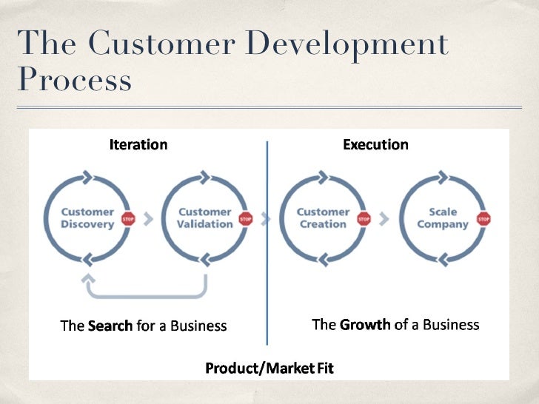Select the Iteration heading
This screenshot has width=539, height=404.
(138, 144)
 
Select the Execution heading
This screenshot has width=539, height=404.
(375, 144)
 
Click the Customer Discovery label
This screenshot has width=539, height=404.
(87, 218)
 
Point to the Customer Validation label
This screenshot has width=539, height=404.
(204, 218)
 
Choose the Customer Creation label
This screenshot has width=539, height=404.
(323, 218)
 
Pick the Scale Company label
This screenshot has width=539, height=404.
(443, 218)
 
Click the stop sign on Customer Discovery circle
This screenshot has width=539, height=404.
(128, 219)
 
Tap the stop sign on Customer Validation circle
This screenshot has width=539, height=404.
(246, 219)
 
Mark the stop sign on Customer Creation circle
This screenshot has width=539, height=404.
(364, 219)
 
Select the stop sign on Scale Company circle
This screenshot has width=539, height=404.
(484, 219)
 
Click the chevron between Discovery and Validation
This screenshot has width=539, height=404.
(147, 219)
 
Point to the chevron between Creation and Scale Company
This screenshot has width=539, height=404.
(384, 219)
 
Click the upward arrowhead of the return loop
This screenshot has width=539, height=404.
(88, 280)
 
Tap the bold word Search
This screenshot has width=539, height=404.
(110, 326)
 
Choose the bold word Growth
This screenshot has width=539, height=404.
(364, 325)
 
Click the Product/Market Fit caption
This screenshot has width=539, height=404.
(269, 368)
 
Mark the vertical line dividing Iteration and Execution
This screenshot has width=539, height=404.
(267, 244)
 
